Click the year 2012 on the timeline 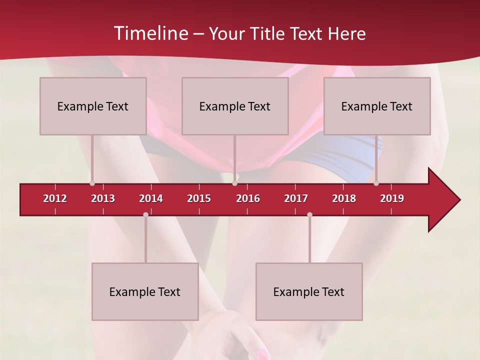[x=55, y=198]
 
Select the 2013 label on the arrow [x=103, y=198]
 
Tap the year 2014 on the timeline [x=151, y=198]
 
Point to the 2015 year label [x=199, y=198]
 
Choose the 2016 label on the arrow [x=248, y=198]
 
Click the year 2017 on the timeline [x=296, y=198]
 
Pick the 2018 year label [x=344, y=198]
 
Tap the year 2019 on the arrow [x=392, y=198]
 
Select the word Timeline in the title [x=149, y=33]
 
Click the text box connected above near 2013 [x=93, y=106]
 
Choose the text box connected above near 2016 [x=235, y=106]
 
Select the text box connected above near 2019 [x=377, y=106]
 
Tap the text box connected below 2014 [x=145, y=291]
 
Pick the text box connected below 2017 [x=309, y=291]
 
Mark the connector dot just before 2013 [x=92, y=183]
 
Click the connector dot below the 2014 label [x=145, y=215]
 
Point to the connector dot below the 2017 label [x=309, y=215]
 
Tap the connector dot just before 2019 [x=376, y=183]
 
